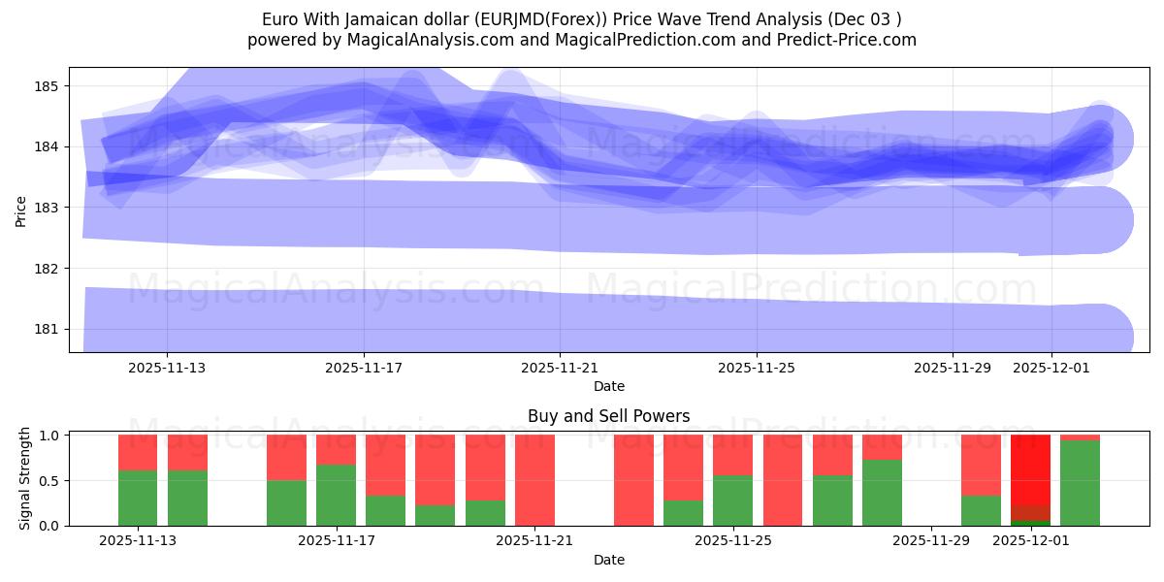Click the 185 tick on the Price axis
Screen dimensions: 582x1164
(x=47, y=86)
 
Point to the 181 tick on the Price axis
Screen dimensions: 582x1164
(x=47, y=329)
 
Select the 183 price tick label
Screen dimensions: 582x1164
(x=47, y=208)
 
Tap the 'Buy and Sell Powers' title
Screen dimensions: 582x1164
(x=608, y=416)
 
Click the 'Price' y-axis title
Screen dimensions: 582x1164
(x=21, y=210)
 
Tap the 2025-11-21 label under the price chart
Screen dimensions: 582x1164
(x=560, y=368)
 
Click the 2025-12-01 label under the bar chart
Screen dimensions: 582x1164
(x=1030, y=540)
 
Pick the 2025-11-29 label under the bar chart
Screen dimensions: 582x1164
(x=931, y=540)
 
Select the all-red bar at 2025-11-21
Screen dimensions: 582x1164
(x=534, y=480)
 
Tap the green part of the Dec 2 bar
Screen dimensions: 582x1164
(x=1080, y=483)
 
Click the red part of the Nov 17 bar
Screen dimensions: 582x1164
(x=336, y=449)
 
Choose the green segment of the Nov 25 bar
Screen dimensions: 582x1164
(x=732, y=501)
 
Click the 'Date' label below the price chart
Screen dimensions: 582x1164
(x=608, y=386)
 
